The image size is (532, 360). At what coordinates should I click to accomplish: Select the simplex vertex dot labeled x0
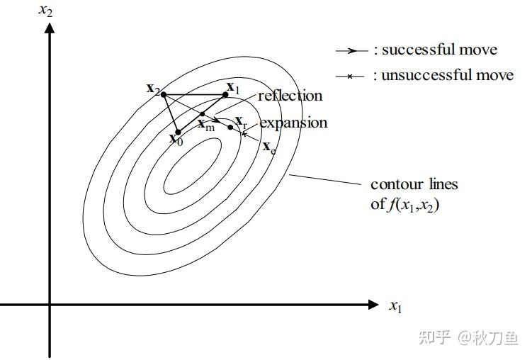tap(178, 131)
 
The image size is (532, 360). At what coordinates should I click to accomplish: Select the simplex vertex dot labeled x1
tap(222, 94)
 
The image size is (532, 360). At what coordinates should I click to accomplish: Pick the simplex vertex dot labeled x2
tap(164, 94)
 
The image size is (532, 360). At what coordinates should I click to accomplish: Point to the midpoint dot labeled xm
tap(203, 114)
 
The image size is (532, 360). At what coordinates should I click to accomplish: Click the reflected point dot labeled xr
tap(230, 127)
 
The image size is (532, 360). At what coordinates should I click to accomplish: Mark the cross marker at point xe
tap(244, 133)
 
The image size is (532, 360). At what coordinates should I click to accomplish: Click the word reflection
tap(290, 96)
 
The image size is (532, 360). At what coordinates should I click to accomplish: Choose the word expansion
tap(293, 123)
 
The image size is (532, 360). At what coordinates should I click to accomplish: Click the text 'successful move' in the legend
tap(439, 50)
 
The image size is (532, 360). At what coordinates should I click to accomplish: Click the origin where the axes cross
tap(50, 305)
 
